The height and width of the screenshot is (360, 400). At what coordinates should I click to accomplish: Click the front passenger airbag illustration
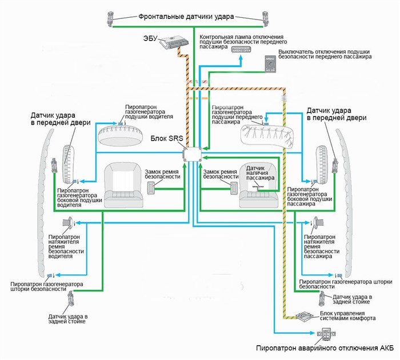click(x=263, y=135)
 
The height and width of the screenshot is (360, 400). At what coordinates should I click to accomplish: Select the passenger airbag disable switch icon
click(x=270, y=64)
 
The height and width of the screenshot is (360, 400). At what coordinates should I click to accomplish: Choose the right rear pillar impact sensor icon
click(x=323, y=297)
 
